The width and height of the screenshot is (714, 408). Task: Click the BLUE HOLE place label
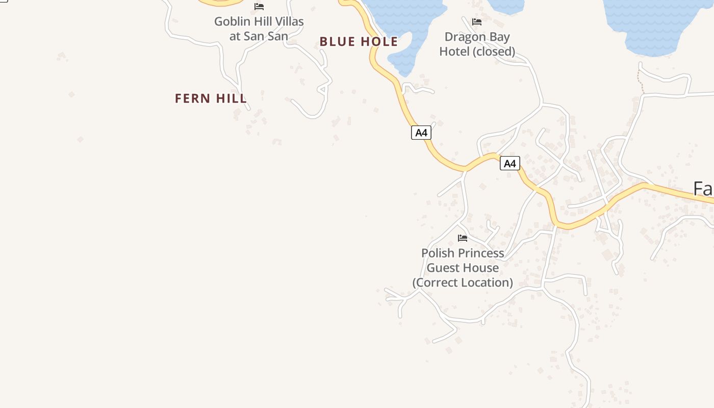[359, 42]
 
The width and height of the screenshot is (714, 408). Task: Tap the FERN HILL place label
[211, 98]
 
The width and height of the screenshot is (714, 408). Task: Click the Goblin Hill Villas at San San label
[259, 29]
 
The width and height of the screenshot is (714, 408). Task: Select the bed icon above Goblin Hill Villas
[259, 7]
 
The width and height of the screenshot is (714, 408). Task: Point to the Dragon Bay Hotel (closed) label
[477, 44]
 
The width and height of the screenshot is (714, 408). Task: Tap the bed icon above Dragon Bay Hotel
[477, 22]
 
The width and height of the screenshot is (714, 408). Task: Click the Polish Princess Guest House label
[463, 267]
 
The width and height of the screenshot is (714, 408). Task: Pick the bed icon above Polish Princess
[463, 238]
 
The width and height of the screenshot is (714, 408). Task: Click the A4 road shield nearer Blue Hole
[421, 133]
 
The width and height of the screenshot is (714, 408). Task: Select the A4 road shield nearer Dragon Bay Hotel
[509, 163]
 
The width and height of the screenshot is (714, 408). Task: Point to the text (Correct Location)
[463, 283]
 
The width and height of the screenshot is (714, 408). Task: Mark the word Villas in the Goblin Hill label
[288, 22]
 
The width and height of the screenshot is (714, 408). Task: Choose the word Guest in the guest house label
[443, 268]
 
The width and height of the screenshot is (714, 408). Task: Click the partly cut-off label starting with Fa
[703, 189]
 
